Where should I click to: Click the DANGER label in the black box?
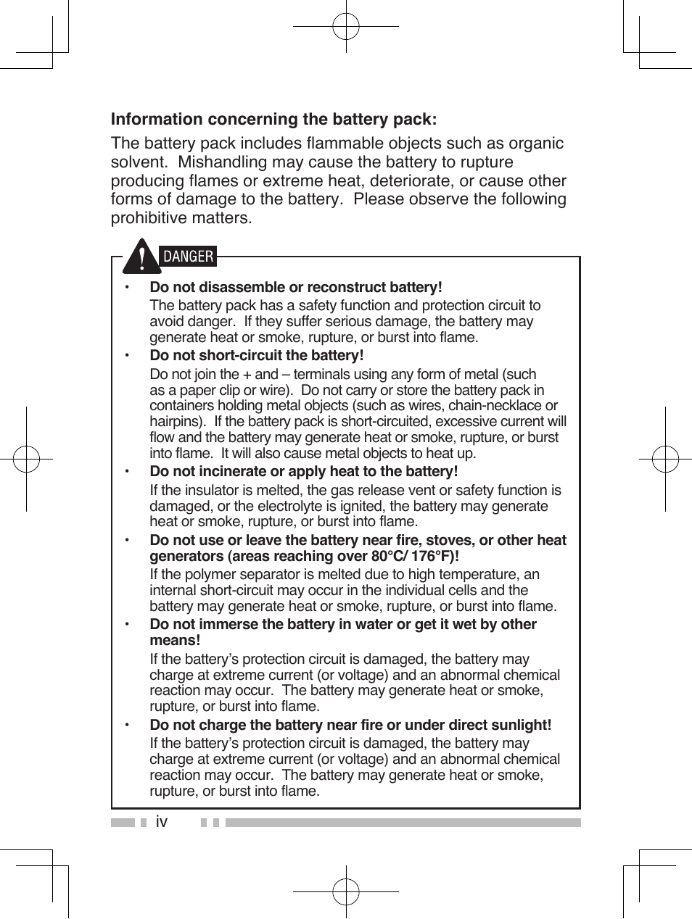point(188,257)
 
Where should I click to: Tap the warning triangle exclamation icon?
point(142,257)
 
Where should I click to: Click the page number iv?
point(161,822)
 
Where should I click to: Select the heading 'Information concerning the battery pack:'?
point(273,119)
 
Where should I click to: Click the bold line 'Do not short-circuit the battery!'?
point(256,355)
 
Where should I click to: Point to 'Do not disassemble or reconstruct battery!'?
point(295,287)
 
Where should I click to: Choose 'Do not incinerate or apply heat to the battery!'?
point(303,472)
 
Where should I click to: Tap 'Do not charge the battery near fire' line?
point(350,725)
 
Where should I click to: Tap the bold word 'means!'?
point(175,641)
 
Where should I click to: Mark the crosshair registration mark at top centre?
point(346,27)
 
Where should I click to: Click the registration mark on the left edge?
point(26,459)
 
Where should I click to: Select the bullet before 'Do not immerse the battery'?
point(126,625)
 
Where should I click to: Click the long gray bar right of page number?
point(403,823)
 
